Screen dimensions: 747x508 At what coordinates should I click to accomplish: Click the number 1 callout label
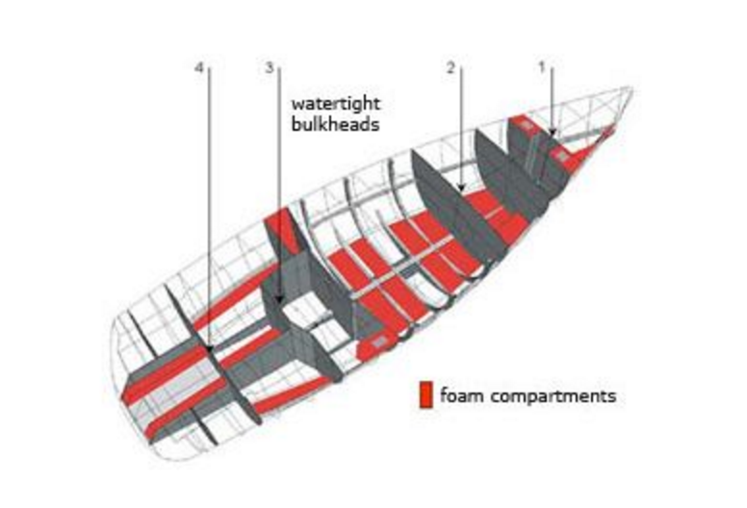tap(542, 67)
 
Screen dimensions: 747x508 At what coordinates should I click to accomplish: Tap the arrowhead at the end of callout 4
tap(209, 345)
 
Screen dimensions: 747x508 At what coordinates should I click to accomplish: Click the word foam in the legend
tap(459, 395)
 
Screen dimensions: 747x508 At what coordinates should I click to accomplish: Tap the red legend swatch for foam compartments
tap(425, 395)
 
